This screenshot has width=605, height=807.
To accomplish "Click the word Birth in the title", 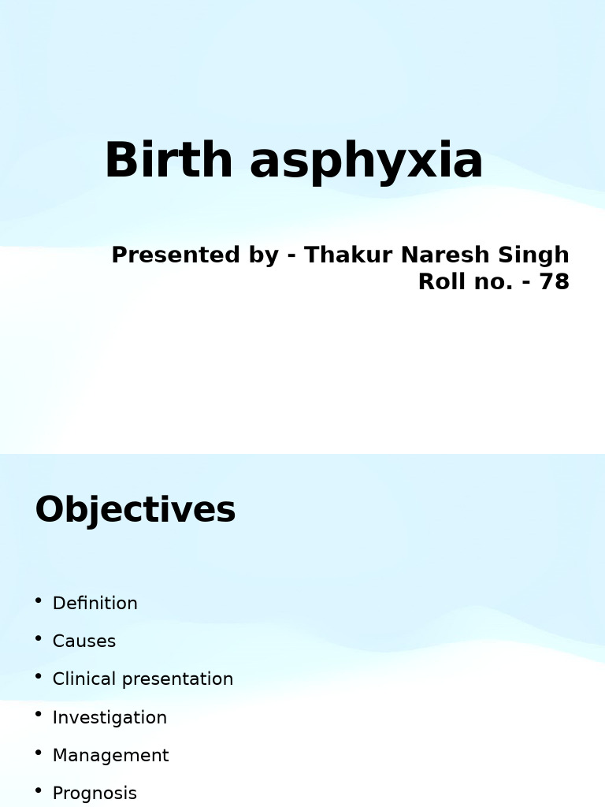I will coord(169,160).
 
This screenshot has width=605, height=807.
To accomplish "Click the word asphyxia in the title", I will coord(366,162).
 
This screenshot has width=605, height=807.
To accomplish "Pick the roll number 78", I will coord(554,282).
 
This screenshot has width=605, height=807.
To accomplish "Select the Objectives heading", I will coord(135,509).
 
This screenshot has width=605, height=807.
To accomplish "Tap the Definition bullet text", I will coord(95,603).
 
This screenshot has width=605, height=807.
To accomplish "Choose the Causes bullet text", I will coord(84,642).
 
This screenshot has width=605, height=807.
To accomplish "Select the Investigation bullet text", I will coord(109,717).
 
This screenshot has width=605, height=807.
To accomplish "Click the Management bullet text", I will coord(110,755).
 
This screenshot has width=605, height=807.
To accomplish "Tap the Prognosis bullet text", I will coord(95,793).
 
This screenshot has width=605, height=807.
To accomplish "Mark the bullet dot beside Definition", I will coord(39,601).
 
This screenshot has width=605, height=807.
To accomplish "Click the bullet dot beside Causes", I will coord(39,639).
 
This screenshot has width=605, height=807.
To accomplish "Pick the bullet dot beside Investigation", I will coord(39,715).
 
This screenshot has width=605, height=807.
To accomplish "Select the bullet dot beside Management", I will coord(39,753).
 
